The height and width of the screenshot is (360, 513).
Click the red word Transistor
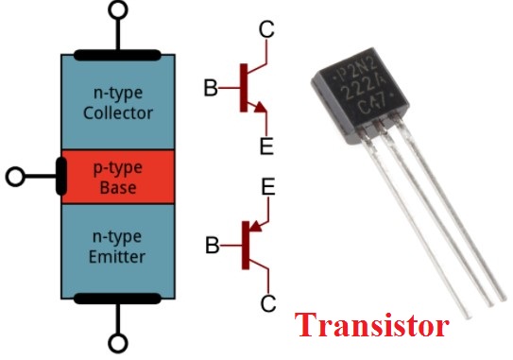click(x=372, y=327)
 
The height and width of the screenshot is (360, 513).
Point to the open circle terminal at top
click(x=117, y=11)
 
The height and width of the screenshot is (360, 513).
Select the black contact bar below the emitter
click(x=117, y=300)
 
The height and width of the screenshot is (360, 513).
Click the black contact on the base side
click(x=60, y=176)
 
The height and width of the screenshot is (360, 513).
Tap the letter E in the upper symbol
click(x=268, y=146)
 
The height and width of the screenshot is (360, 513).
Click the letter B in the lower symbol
click(x=214, y=248)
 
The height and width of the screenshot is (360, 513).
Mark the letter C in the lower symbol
click(x=268, y=304)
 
